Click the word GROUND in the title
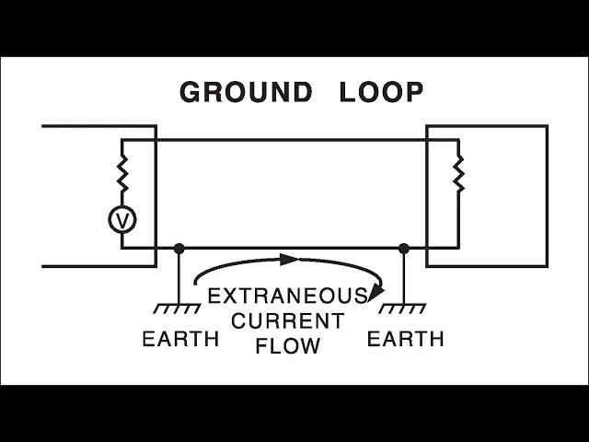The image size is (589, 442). point(246,92)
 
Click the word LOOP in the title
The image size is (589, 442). point(382,92)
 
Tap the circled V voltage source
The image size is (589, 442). point(121,219)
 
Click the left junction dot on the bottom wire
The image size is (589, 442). point(179,248)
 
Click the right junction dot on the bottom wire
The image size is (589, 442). point(403,248)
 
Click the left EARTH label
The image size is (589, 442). point(180,339)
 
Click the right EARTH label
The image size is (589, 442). point(405,339)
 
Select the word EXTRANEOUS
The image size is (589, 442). point(287,297)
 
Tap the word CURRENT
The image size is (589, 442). point(287,321)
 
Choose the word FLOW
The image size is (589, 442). point(287,346)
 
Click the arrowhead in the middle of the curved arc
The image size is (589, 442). point(289,260)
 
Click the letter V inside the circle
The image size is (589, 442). point(121,219)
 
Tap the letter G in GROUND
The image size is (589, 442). point(191,92)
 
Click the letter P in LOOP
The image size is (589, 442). point(414,92)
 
